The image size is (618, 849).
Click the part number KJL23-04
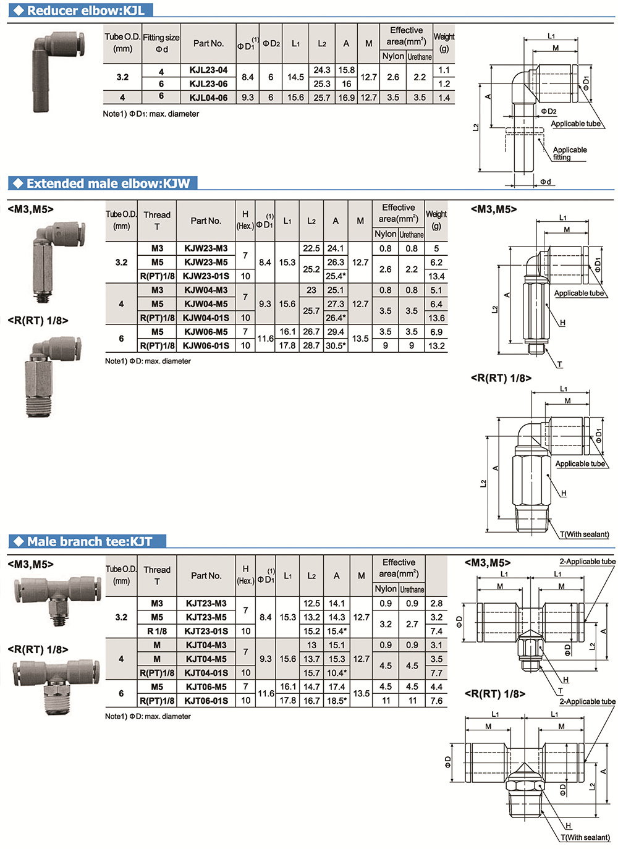tap(208, 70)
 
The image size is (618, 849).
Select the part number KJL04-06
tap(208, 98)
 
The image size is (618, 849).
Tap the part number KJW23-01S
tap(206, 276)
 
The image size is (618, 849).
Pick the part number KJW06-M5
tap(206, 332)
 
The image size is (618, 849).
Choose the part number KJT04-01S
tap(206, 673)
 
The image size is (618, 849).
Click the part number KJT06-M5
tap(206, 686)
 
